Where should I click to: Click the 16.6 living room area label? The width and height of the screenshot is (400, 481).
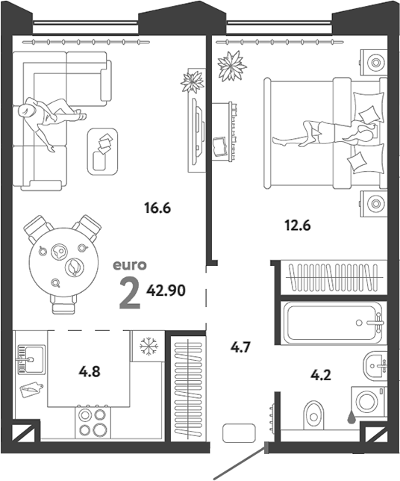click(x=157, y=208)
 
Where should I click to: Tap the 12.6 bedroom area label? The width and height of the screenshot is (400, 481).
click(x=298, y=226)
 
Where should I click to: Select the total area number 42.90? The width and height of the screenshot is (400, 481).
click(x=166, y=291)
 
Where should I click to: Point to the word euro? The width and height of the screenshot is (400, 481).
click(x=130, y=265)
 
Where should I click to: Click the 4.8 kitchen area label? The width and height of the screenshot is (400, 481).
click(x=90, y=372)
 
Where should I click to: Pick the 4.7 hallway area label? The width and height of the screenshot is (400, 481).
click(x=240, y=347)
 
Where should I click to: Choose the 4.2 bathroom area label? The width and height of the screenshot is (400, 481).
click(x=321, y=375)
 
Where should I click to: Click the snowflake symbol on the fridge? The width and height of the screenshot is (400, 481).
click(x=149, y=347)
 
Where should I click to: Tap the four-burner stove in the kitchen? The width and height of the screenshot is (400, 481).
click(x=93, y=423)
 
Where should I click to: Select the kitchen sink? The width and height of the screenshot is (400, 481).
click(x=31, y=359)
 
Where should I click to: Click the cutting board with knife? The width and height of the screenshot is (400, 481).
click(x=31, y=389)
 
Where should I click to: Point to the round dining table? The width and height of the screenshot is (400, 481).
click(x=63, y=262)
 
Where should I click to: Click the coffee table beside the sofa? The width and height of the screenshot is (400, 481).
click(x=102, y=152)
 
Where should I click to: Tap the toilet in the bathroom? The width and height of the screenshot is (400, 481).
click(x=313, y=415)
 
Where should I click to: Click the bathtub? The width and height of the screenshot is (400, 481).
click(x=334, y=322)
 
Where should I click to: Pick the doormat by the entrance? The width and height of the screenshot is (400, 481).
click(x=239, y=433)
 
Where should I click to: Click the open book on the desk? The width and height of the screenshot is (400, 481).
click(x=220, y=148)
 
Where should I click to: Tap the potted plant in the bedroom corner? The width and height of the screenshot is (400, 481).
click(x=232, y=66)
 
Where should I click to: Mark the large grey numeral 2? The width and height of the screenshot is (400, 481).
click(x=130, y=293)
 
